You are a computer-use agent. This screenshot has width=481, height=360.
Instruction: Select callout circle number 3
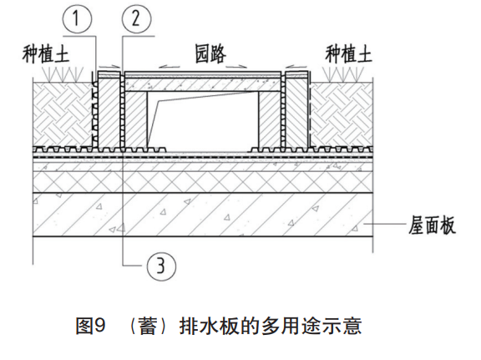(x=161, y=266)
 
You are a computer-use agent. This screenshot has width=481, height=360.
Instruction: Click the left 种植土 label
(x=45, y=54)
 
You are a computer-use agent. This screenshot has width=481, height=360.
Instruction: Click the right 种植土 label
(x=348, y=54)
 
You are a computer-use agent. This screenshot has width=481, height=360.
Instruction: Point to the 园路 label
(x=210, y=53)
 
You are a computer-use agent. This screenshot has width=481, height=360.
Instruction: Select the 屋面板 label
(x=432, y=226)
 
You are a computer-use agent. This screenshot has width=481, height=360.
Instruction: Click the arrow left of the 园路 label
(x=170, y=67)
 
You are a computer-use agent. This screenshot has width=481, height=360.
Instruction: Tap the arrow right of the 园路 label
(x=236, y=66)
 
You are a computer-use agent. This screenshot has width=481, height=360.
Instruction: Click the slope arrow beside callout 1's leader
(x=109, y=66)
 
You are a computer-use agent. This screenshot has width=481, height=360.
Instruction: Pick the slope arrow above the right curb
(x=296, y=66)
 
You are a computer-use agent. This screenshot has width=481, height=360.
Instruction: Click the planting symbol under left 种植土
(x=63, y=74)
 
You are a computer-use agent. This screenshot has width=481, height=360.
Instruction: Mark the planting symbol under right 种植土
(x=343, y=74)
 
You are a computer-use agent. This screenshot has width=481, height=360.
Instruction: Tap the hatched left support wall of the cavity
(x=136, y=119)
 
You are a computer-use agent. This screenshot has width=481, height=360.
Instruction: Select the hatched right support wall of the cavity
(x=270, y=119)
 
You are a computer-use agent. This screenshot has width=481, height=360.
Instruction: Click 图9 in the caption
(x=90, y=326)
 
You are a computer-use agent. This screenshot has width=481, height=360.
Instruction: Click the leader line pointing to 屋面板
(x=385, y=225)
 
